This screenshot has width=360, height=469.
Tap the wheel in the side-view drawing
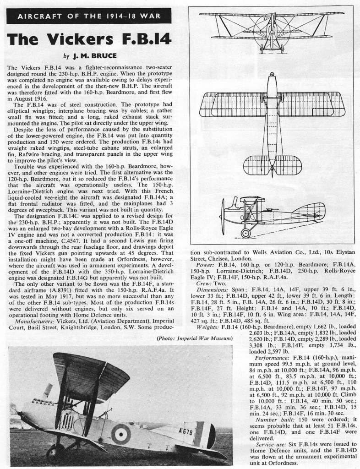point(246,233)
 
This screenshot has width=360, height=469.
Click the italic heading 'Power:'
point(205,264)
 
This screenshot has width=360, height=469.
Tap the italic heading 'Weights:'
point(208,327)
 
